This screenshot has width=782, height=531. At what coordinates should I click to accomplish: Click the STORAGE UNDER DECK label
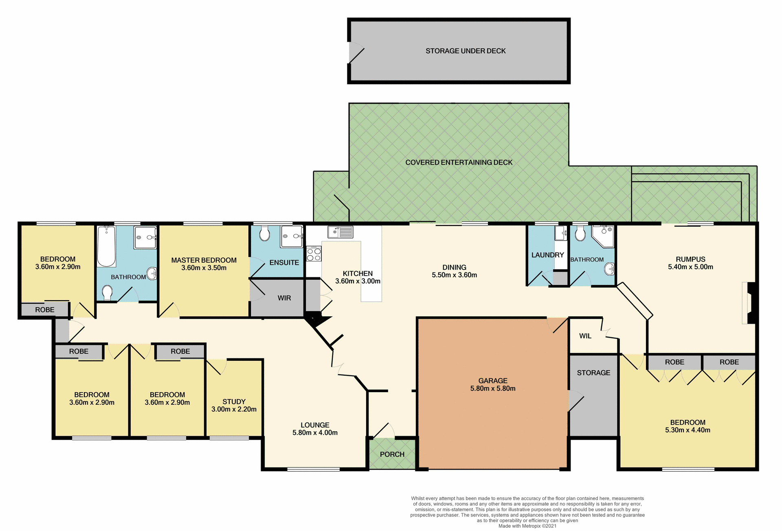tap(466, 51)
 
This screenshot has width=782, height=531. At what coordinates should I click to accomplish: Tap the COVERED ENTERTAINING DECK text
tap(459, 162)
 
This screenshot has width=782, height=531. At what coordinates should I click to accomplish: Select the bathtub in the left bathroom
tap(106, 247)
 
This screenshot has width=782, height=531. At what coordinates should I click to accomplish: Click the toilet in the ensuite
tap(264, 234)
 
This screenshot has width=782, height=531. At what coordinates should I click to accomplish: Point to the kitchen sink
tap(340, 232)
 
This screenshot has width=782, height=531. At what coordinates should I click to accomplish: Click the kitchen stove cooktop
tap(314, 254)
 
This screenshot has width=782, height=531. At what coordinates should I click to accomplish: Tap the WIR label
tap(284, 298)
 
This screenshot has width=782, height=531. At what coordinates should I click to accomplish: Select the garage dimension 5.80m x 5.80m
tap(493, 388)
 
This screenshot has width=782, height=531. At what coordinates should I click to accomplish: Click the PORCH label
tap(392, 454)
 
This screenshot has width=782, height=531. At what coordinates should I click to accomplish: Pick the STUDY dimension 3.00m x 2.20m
tap(234, 409)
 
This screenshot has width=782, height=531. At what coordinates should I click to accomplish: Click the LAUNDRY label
tap(547, 255)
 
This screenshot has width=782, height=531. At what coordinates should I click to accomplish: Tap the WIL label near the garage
tap(585, 336)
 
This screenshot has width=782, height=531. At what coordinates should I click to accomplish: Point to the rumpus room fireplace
tap(749, 303)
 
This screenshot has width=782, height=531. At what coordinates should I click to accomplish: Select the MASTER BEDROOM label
tap(204, 260)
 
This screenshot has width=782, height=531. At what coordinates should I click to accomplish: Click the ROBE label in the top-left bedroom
tap(45, 310)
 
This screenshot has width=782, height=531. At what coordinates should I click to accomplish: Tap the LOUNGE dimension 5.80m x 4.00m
tap(315, 433)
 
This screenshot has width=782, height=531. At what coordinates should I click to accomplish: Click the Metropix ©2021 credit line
tap(527, 526)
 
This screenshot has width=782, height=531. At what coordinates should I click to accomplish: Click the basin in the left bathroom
tap(152, 273)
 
